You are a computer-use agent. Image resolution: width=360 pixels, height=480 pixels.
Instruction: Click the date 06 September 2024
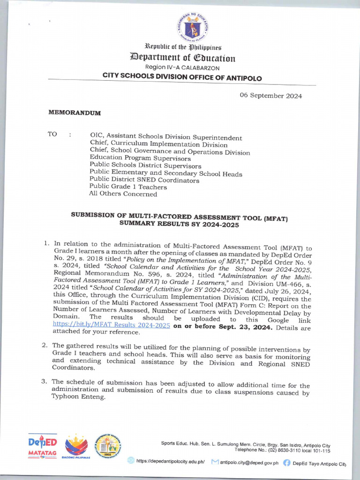pyautogui.click(x=271, y=96)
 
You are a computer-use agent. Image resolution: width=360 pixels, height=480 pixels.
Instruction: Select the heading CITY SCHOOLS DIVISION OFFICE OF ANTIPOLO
pyautogui.click(x=182, y=78)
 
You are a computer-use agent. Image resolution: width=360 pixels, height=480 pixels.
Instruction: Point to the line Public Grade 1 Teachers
pyautogui.click(x=128, y=187)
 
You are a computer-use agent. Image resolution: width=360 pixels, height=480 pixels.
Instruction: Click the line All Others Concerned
pyautogui.click(x=123, y=194)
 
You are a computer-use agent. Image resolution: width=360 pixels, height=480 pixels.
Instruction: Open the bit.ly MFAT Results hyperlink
pyautogui.click(x=111, y=325)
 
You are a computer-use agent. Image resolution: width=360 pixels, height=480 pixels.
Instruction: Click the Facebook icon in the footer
pyautogui.click(x=286, y=462)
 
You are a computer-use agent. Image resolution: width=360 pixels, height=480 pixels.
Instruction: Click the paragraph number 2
pyautogui.click(x=44, y=345)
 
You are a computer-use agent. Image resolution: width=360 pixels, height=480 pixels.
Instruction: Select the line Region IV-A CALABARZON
pyautogui.click(x=182, y=68)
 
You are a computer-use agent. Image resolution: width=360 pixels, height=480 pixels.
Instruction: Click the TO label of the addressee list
pyautogui.click(x=52, y=135)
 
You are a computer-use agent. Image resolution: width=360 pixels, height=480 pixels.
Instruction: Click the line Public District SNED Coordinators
pyautogui.click(x=144, y=180)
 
